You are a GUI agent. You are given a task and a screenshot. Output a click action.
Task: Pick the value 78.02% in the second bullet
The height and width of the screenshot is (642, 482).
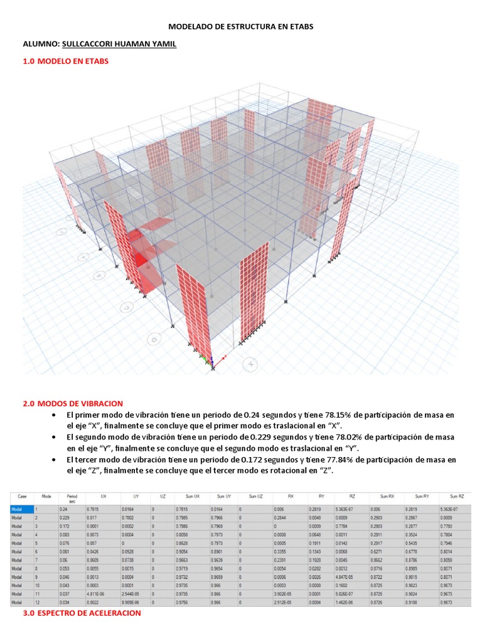(x=331, y=436)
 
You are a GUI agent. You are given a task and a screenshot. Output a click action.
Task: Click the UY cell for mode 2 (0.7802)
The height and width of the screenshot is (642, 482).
(x=131, y=518)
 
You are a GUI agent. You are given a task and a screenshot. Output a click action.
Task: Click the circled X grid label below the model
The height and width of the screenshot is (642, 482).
(x=251, y=364)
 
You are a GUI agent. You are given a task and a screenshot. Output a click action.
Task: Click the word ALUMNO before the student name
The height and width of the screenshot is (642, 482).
(x=41, y=44)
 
